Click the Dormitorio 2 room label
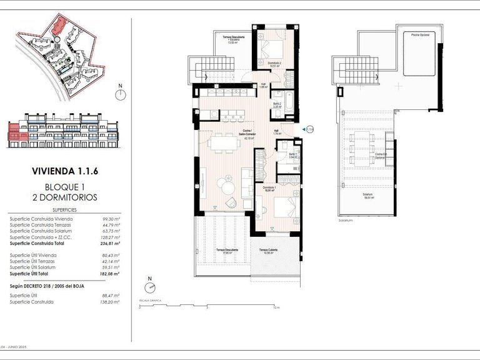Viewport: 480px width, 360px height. point(269,64)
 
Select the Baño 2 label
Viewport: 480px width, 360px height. point(278,104)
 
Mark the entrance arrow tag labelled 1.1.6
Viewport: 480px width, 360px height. point(308,129)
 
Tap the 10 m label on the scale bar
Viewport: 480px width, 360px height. point(276,308)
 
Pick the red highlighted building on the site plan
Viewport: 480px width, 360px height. point(59,26)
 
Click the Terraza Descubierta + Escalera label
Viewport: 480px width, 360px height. point(234,41)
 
